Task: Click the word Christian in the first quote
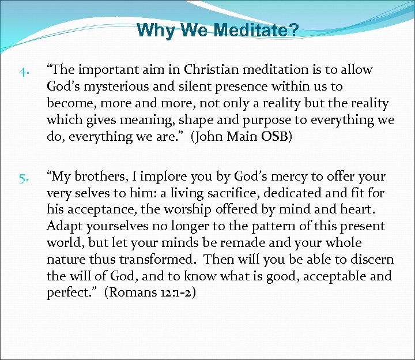(x=211, y=70)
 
